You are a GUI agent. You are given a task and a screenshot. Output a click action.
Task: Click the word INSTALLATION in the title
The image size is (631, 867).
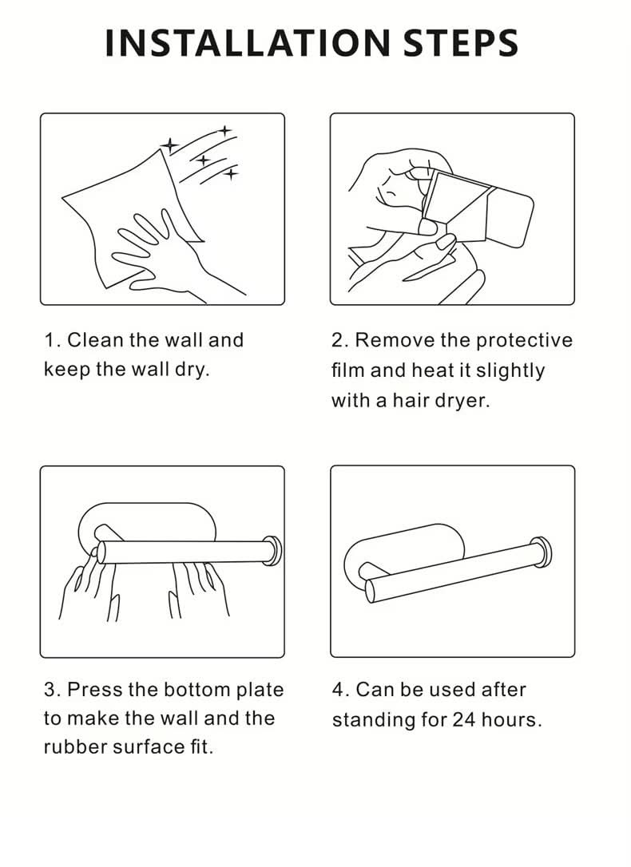[x=248, y=43]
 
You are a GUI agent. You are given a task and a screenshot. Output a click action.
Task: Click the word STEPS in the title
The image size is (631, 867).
[x=461, y=43]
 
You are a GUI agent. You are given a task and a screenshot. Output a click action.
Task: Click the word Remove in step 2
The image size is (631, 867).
[x=395, y=339]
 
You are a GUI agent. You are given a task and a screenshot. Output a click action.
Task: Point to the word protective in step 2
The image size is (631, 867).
[x=524, y=341]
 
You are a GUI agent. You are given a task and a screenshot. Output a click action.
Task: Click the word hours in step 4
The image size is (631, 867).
[x=511, y=719]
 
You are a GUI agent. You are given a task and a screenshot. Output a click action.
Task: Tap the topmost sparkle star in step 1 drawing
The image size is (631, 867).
[x=224, y=131]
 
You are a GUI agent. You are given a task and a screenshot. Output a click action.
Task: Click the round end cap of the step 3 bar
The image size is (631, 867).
[x=272, y=551]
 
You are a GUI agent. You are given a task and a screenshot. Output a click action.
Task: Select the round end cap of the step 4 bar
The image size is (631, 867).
[x=542, y=552]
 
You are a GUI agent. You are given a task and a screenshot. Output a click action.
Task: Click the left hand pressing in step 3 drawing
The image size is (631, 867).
[x=89, y=586]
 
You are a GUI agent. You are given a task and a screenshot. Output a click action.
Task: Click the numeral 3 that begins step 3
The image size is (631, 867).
[x=50, y=690]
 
